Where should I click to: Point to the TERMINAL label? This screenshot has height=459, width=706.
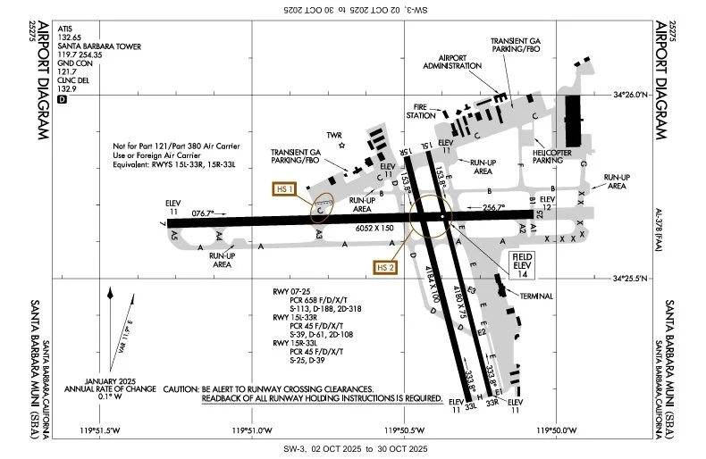click(534, 296)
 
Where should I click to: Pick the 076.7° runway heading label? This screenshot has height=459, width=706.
click(204, 213)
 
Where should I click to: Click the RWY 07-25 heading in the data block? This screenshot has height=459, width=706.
click(293, 292)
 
